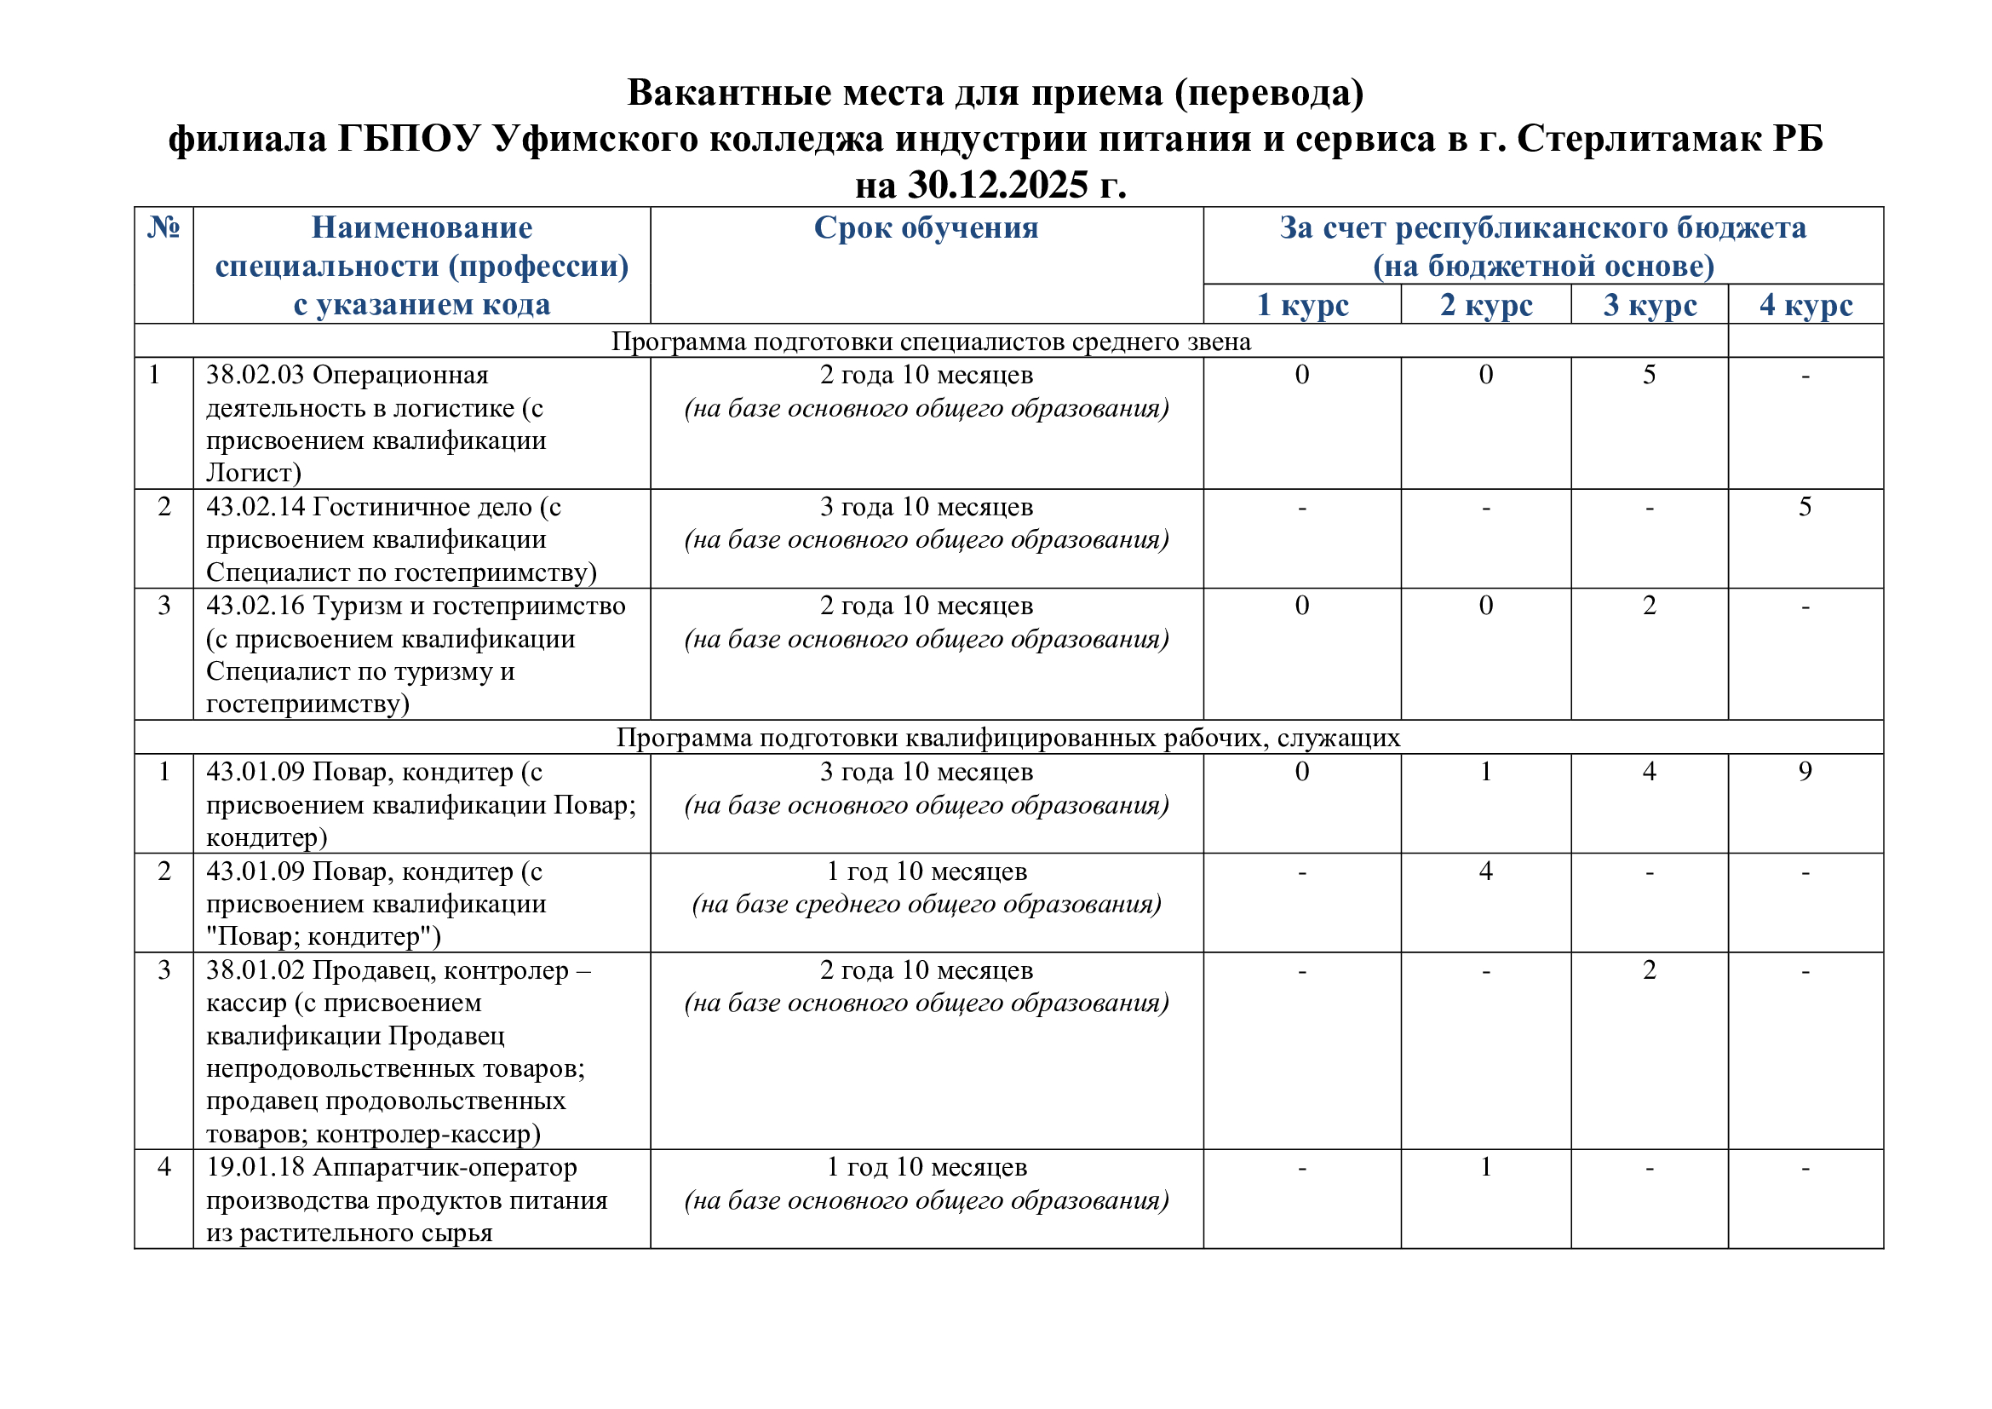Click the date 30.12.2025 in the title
click(997, 185)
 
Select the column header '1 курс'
click(1302, 306)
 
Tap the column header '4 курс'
click(1805, 306)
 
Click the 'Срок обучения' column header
click(926, 228)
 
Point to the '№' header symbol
click(164, 227)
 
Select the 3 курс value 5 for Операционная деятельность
click(1650, 375)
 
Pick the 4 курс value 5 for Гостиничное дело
click(1805, 507)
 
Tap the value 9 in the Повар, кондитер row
click(1805, 771)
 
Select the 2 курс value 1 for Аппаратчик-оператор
click(1486, 1167)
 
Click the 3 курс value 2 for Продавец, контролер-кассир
click(1650, 970)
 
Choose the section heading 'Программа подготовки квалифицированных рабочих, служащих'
click(1008, 738)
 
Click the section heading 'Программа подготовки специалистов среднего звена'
click(931, 342)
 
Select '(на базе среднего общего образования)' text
click(926, 905)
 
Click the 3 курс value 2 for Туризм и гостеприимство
click(1650, 606)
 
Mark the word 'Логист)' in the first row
click(253, 473)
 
